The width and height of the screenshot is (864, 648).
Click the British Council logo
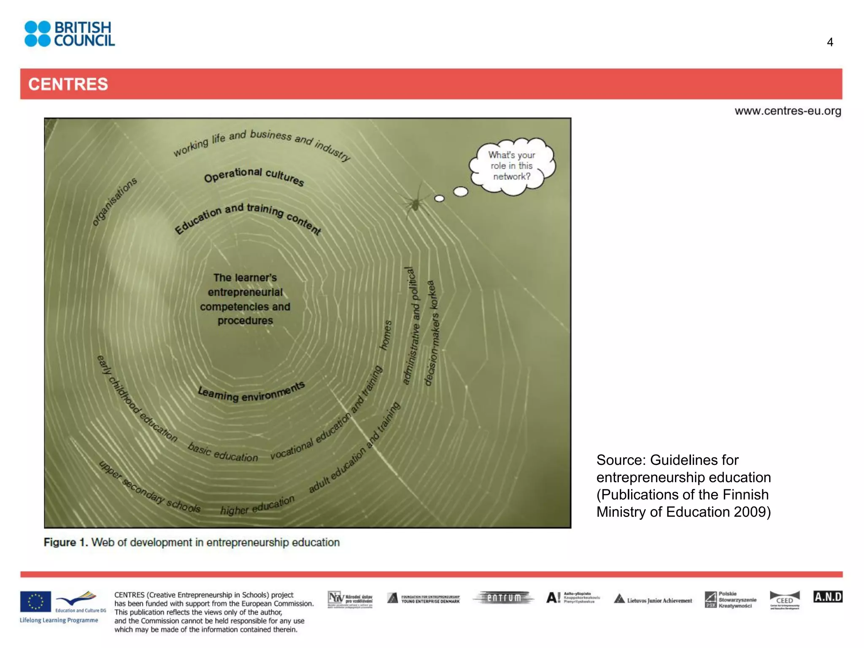pyautogui.click(x=70, y=34)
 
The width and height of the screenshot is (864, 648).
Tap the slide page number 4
pyautogui.click(x=829, y=42)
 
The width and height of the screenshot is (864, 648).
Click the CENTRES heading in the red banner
pyautogui.click(x=68, y=84)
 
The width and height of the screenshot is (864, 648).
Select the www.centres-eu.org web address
pyautogui.click(x=788, y=111)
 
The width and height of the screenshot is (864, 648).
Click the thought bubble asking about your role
pyautogui.click(x=512, y=166)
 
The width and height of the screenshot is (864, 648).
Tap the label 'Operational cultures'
pyautogui.click(x=254, y=175)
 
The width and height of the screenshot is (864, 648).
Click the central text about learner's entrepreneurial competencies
pyautogui.click(x=245, y=299)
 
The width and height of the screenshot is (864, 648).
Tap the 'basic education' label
pyautogui.click(x=223, y=453)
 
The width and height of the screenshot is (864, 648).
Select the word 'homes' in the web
pyautogui.click(x=386, y=335)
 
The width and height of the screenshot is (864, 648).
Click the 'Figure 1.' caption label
pyautogui.click(x=66, y=542)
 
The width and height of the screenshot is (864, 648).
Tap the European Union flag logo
pyautogui.click(x=35, y=601)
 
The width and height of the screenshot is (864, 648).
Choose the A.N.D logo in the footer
pyautogui.click(x=828, y=597)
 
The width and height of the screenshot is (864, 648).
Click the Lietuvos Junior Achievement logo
pyautogui.click(x=653, y=600)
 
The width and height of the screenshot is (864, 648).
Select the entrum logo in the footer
pyautogui.click(x=504, y=598)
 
